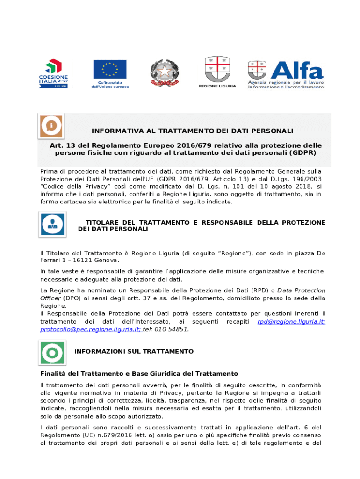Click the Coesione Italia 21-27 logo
click(x=53, y=73)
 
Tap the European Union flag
click(x=109, y=69)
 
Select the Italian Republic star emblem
click(x=164, y=73)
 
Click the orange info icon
click(x=51, y=126)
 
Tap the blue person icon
click(x=52, y=224)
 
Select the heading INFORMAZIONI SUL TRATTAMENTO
click(x=134, y=351)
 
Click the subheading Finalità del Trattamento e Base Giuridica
click(x=139, y=373)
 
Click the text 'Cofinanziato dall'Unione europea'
click(x=109, y=84)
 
